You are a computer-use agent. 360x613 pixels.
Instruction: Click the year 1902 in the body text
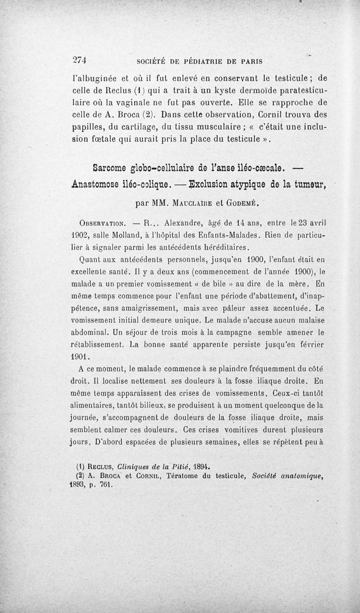(80, 234)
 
